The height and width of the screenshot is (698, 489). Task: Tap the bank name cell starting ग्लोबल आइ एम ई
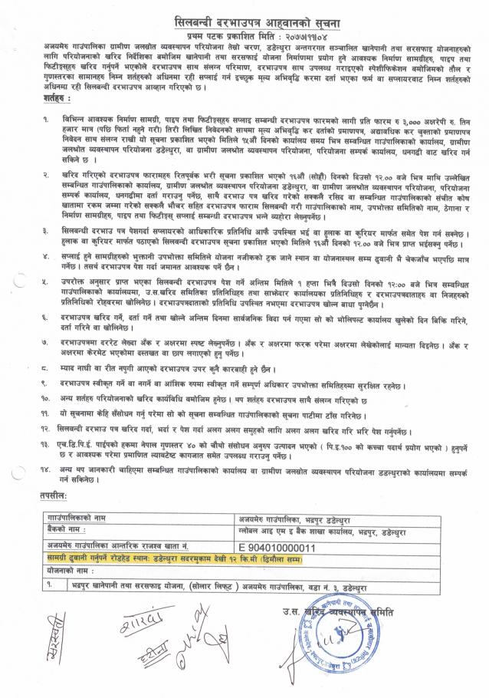point(315,531)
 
